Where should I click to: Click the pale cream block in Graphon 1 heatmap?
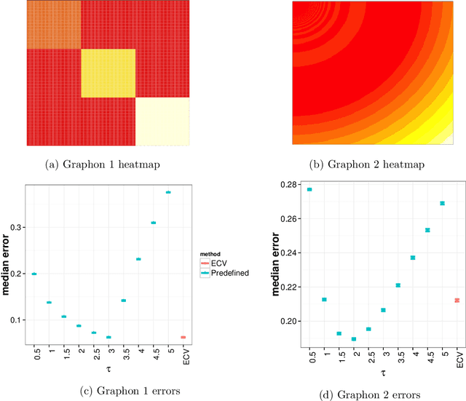[x=162, y=121]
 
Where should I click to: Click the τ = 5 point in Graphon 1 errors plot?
[x=168, y=192]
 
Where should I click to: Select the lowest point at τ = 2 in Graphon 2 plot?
[x=354, y=339]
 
